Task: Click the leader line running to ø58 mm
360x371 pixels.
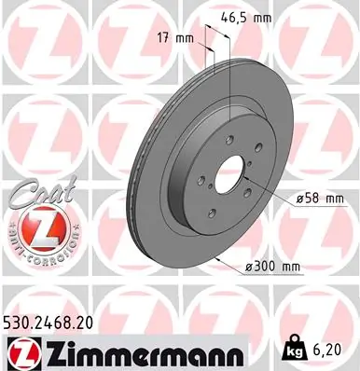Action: [270, 185]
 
